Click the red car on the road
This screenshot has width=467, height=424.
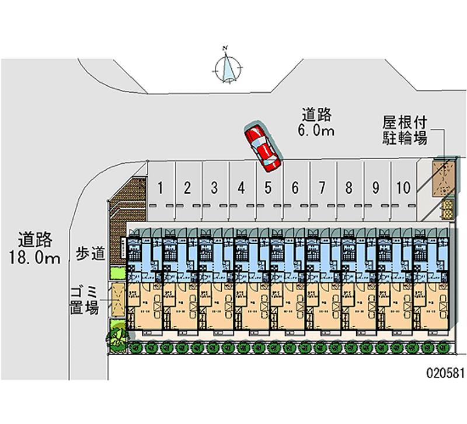tap(262, 147)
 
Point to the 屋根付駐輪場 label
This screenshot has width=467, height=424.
tap(405, 130)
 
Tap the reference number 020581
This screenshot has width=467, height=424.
tap(445, 373)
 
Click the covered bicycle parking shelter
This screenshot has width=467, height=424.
tap(443, 178)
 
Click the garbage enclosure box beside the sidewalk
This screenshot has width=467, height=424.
tap(117, 299)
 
